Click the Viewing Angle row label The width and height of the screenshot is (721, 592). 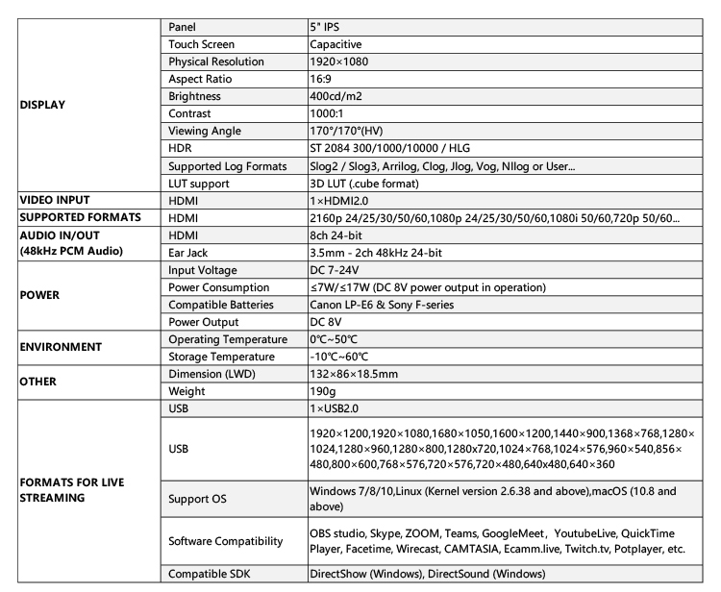(x=204, y=131)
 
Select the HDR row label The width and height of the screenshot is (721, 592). (x=181, y=149)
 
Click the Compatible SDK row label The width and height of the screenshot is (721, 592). (x=211, y=575)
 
